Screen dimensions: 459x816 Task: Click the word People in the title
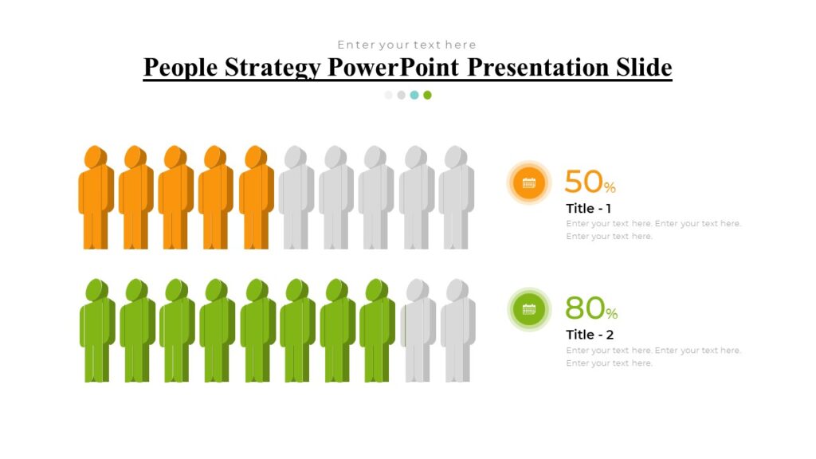(180, 68)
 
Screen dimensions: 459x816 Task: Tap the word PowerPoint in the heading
(394, 68)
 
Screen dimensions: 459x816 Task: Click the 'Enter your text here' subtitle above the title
(406, 45)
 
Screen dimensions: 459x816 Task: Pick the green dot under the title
(427, 95)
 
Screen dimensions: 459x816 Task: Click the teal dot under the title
(414, 95)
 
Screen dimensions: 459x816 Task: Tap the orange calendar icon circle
(528, 182)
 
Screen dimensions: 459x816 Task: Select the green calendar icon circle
(528, 309)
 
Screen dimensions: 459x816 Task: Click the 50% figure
(590, 182)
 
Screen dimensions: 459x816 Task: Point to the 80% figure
(590, 308)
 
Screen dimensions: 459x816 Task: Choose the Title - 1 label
(590, 208)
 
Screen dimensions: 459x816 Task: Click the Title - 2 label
(590, 335)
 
